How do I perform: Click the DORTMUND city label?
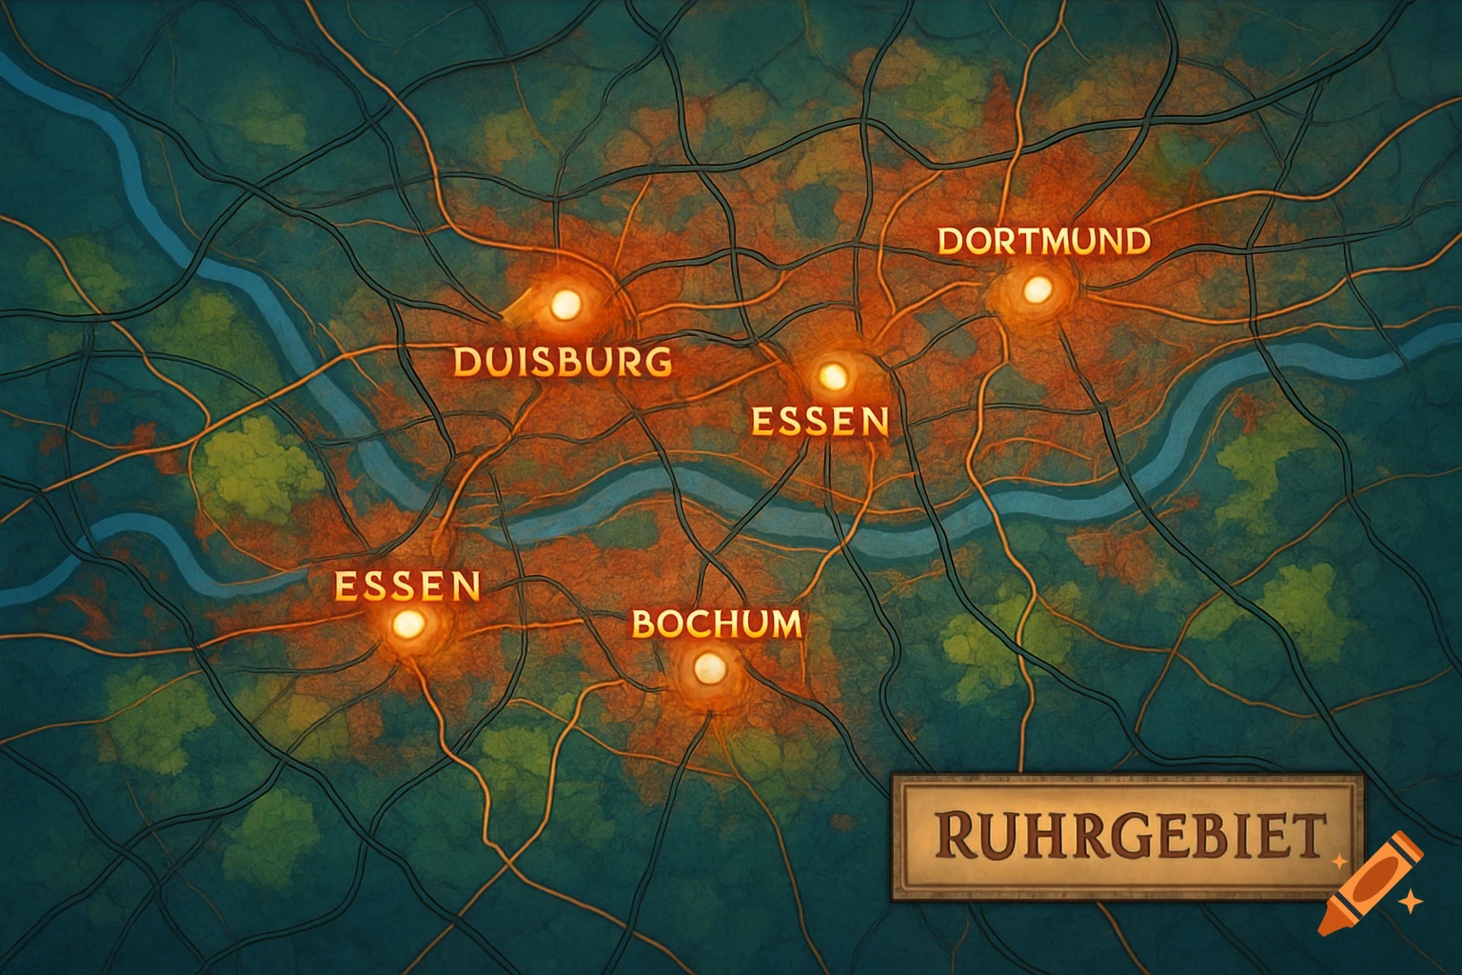pyautogui.click(x=1043, y=241)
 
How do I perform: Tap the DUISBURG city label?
pyautogui.click(x=562, y=362)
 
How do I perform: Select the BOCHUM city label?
pyautogui.click(x=716, y=625)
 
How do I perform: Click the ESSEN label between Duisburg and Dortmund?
pyautogui.click(x=820, y=420)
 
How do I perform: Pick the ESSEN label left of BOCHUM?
pyautogui.click(x=407, y=586)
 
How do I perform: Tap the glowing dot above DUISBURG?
pyautogui.click(x=565, y=305)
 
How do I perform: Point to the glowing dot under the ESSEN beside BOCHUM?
pyautogui.click(x=408, y=626)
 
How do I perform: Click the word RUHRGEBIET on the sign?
pyautogui.click(x=1127, y=836)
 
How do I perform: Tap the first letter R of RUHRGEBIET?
pyautogui.click(x=952, y=836)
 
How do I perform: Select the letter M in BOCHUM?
pyautogui.click(x=782, y=625)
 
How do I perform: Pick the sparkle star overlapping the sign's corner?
pyautogui.click(x=1339, y=861)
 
